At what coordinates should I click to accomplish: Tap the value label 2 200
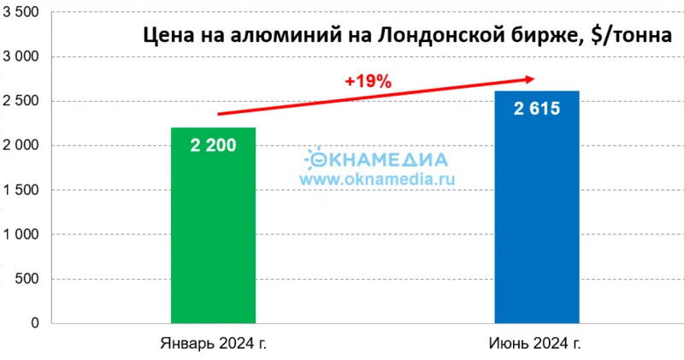pos(213,145)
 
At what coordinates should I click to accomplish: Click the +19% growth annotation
pos(368,82)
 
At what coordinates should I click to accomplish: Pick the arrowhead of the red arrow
pos(529,79)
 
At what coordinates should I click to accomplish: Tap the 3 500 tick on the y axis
pos(27,13)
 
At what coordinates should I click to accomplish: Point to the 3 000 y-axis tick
pos(27,57)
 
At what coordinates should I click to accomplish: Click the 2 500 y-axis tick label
pos(27,102)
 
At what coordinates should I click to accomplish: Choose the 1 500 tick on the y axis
pos(27,190)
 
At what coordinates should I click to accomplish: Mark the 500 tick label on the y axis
pos(32,279)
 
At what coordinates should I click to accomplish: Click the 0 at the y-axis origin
pos(36,323)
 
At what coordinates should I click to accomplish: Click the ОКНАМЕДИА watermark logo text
pos(376,159)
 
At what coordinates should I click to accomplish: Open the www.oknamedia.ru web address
pos(378,180)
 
